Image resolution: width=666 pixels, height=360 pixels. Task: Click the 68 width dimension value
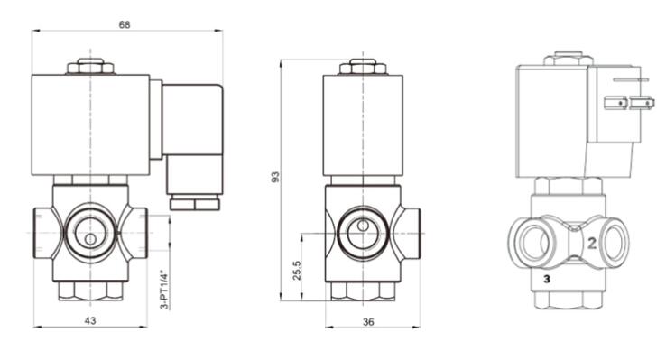coord(124,24)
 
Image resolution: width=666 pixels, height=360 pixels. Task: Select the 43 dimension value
coord(90,320)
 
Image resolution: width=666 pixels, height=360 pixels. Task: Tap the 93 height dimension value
coord(275,177)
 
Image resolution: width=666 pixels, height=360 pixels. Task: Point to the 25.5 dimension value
coord(297,271)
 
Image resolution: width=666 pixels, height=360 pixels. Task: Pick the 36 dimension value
coord(368,322)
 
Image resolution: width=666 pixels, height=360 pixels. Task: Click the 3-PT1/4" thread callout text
coord(164,290)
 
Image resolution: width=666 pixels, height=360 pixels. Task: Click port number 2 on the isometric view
coord(592,243)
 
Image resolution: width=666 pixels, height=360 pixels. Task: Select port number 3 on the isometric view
coord(547,279)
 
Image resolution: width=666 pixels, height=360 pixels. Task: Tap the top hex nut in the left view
coord(90,67)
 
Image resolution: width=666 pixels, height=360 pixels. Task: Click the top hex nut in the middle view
coord(363,68)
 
